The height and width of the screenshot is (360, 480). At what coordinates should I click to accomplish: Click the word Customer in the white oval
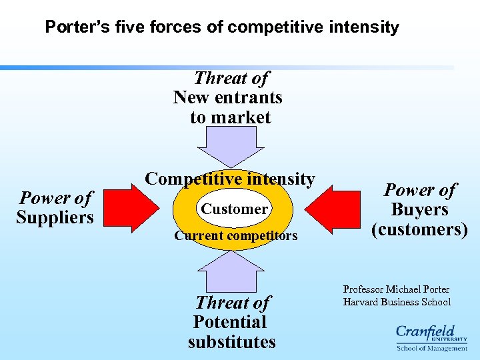(x=235, y=209)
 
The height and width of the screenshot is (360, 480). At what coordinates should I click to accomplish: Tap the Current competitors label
(x=235, y=235)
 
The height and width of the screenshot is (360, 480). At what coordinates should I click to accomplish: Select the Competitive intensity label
(x=230, y=179)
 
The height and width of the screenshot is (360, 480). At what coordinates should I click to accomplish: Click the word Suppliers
(x=55, y=217)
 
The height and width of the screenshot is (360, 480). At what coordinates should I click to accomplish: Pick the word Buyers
(x=419, y=210)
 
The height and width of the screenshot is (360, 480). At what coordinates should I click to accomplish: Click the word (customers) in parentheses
(x=419, y=229)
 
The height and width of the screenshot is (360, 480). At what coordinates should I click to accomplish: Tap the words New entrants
(x=228, y=97)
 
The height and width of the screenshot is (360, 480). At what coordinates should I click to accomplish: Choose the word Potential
(x=230, y=322)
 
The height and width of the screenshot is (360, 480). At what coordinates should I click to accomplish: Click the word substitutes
(x=231, y=342)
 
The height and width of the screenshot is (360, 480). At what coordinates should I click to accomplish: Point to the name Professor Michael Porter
(x=396, y=289)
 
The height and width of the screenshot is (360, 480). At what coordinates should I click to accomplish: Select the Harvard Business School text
(x=397, y=302)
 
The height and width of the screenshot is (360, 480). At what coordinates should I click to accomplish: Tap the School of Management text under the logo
(x=432, y=348)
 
